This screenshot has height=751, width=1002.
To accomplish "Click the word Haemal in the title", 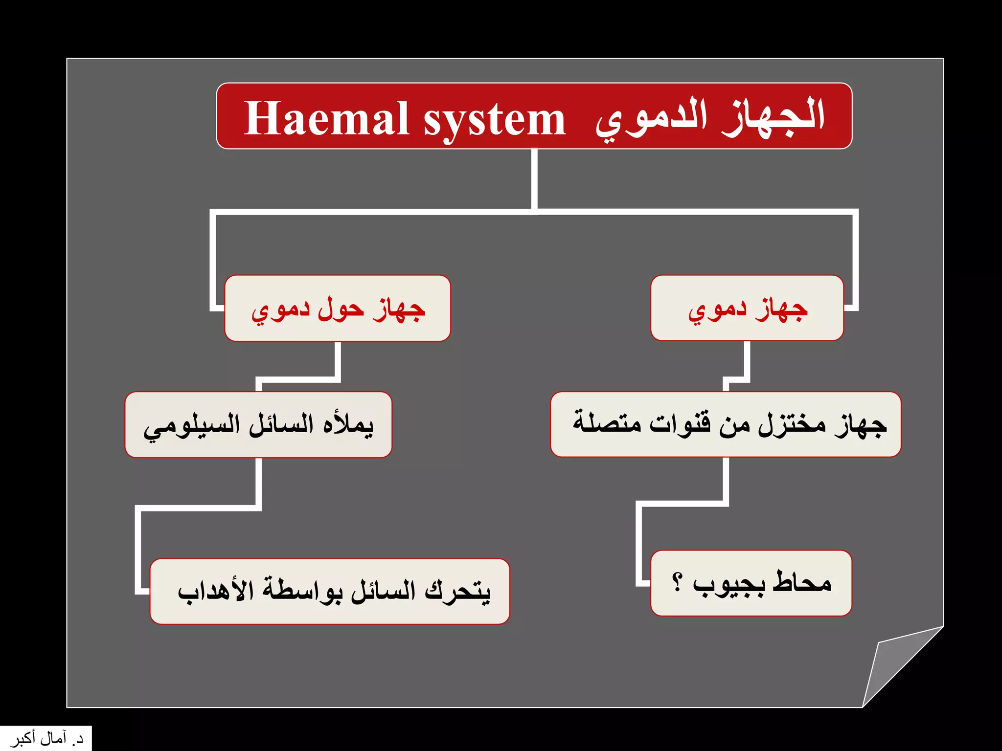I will tap(326, 118).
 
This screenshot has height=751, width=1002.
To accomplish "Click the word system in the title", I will tap(494, 120).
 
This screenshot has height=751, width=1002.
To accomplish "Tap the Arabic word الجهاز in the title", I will tap(773, 117).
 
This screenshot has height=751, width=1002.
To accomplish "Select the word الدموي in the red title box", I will tap(651, 120).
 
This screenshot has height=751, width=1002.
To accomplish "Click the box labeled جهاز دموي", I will tap(747, 308).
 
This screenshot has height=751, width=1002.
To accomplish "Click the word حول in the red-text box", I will tap(341, 309).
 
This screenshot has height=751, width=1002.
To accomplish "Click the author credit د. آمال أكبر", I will tap(46, 739).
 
